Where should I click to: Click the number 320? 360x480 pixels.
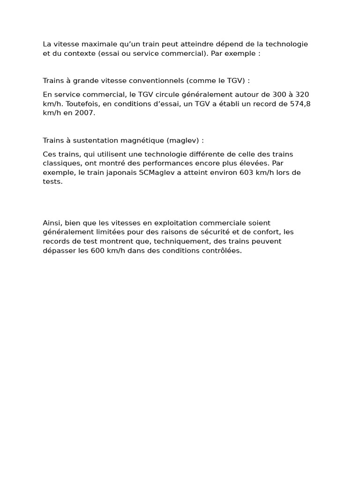tap(302, 95)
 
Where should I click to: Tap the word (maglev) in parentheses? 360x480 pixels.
tap(183, 140)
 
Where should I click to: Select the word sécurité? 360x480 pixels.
tap(225, 232)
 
